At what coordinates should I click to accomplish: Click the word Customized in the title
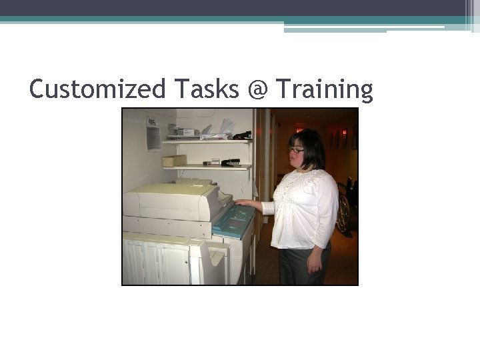click(97, 89)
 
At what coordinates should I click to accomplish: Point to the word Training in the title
click(324, 89)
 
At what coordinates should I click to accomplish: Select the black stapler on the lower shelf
click(231, 162)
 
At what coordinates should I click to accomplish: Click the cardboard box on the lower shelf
click(175, 161)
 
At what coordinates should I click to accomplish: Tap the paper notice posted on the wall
click(153, 133)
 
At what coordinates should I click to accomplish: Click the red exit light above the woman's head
click(344, 133)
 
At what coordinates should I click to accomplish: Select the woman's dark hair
click(311, 147)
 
